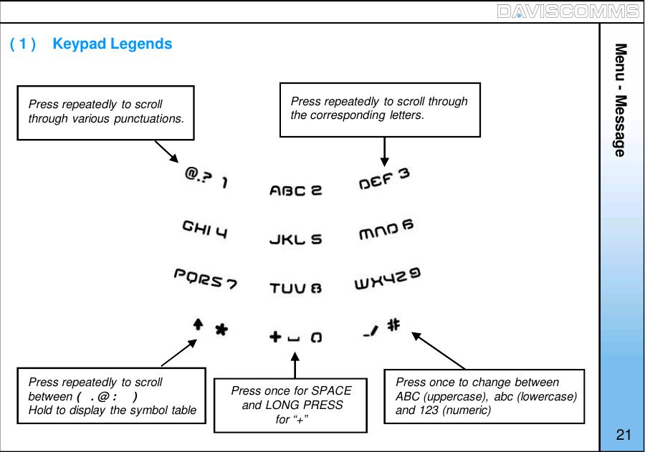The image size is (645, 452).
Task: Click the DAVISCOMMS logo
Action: [x=567, y=11]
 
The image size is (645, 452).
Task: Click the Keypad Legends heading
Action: [x=113, y=44]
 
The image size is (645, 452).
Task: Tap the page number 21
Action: [x=623, y=435]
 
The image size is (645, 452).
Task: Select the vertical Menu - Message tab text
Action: [x=621, y=100]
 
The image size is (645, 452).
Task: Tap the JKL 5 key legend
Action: [x=295, y=239]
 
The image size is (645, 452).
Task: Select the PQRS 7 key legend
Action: [x=206, y=279]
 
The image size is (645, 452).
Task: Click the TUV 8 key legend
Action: [x=295, y=288]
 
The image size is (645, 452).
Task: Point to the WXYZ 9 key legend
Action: [x=388, y=279]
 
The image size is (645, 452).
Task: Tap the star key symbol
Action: [x=222, y=330]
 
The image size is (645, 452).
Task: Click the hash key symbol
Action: [x=393, y=324]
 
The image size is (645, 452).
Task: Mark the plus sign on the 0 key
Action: [x=274, y=336]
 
